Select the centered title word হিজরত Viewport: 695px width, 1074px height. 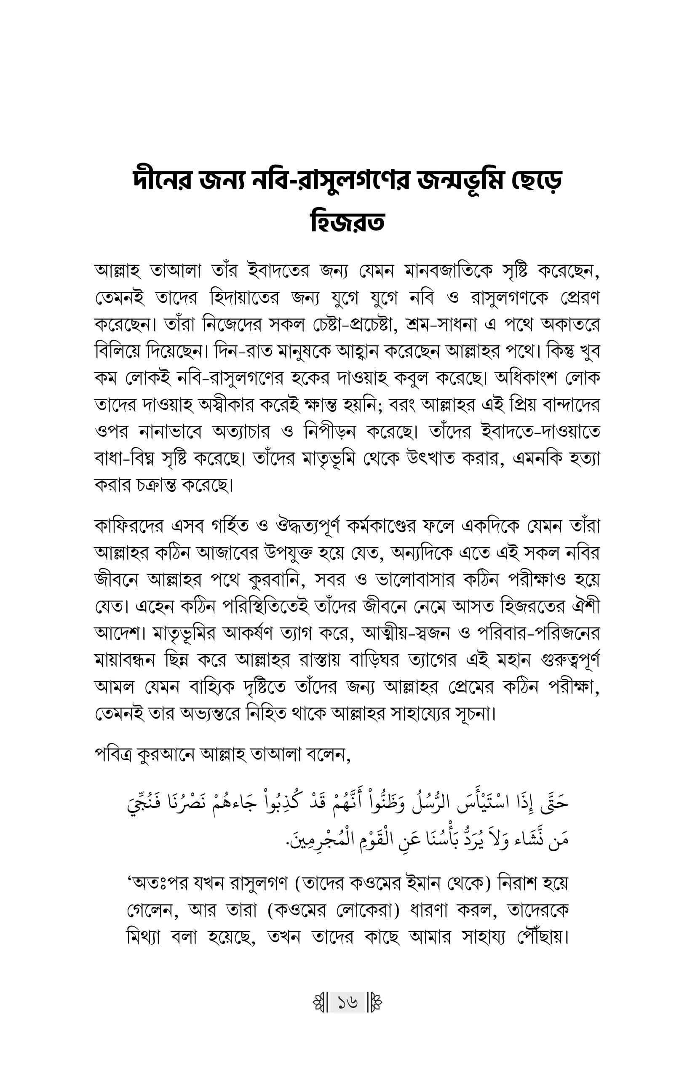click(347, 222)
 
